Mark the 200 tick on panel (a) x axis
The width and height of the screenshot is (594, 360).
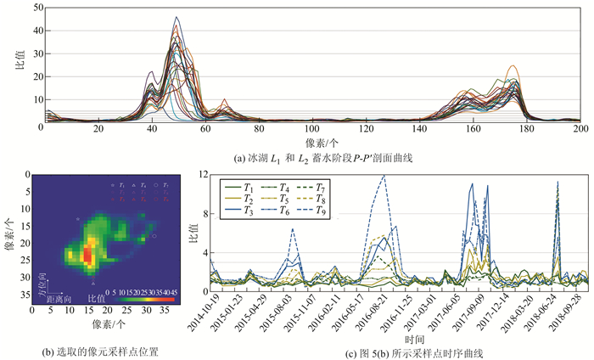[x=580, y=129]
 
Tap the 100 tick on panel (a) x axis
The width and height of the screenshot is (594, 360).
[x=312, y=129]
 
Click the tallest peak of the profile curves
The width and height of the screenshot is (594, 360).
[x=177, y=17]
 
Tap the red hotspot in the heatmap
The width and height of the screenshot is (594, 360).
[x=87, y=254]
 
